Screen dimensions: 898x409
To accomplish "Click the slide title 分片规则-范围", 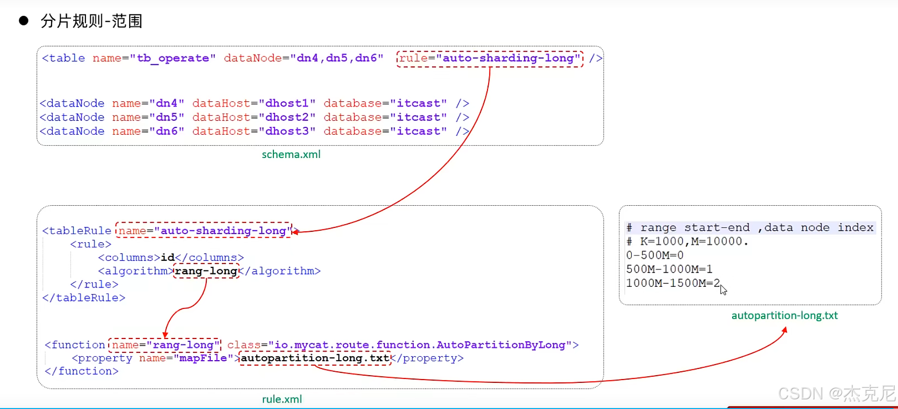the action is tap(92, 21).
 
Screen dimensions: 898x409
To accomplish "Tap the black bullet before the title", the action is tap(24, 21).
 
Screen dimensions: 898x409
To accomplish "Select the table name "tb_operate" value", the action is tap(173, 58).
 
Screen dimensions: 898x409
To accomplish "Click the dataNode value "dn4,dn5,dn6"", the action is tap(337, 58).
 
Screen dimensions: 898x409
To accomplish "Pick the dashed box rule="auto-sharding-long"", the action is tap(490, 58).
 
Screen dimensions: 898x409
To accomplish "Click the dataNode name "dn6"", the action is tap(167, 131).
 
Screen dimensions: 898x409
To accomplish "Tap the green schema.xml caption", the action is tap(291, 155).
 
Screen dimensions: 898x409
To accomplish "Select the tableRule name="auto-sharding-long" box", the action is tap(204, 231).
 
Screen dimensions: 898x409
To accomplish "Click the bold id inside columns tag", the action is tap(168, 258).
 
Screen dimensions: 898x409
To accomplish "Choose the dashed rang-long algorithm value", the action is tap(206, 271).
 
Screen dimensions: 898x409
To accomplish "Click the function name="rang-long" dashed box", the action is tap(165, 345).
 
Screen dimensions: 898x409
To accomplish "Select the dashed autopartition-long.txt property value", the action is tap(315, 358).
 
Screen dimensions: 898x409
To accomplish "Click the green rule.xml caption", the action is tap(282, 399).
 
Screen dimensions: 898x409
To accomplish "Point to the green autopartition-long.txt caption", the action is tap(784, 316).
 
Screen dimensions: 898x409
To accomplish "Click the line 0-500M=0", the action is tap(654, 255).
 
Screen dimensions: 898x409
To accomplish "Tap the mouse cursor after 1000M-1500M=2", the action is tap(723, 290).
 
